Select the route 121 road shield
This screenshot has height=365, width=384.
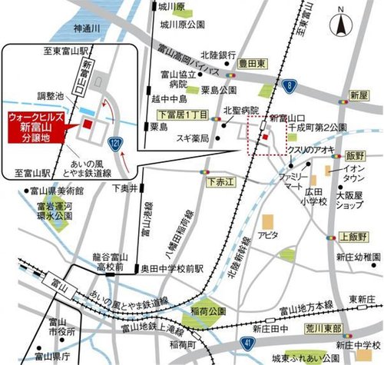[x=114, y=143]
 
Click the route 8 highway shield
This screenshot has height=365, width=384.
[x=287, y=85]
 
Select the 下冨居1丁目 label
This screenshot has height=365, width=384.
[x=168, y=113]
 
